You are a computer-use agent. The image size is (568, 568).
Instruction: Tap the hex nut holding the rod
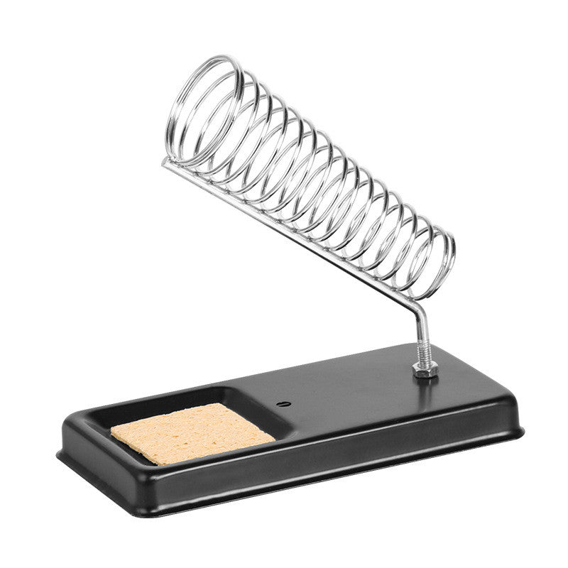click(425, 369)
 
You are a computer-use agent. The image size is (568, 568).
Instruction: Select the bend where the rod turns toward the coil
click(419, 307)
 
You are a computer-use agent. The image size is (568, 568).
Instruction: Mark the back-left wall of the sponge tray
click(142, 403)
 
